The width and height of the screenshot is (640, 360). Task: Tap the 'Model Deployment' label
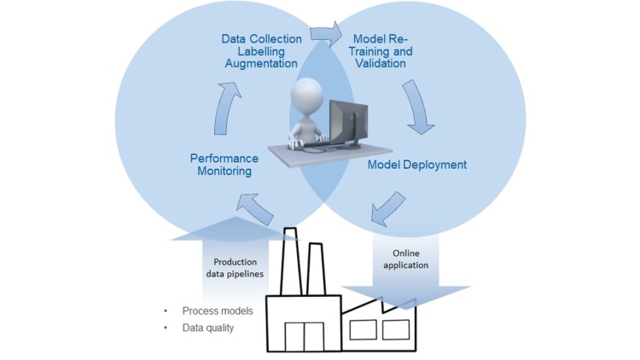coord(417,164)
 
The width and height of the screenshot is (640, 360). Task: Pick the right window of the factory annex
coord(395,328)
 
